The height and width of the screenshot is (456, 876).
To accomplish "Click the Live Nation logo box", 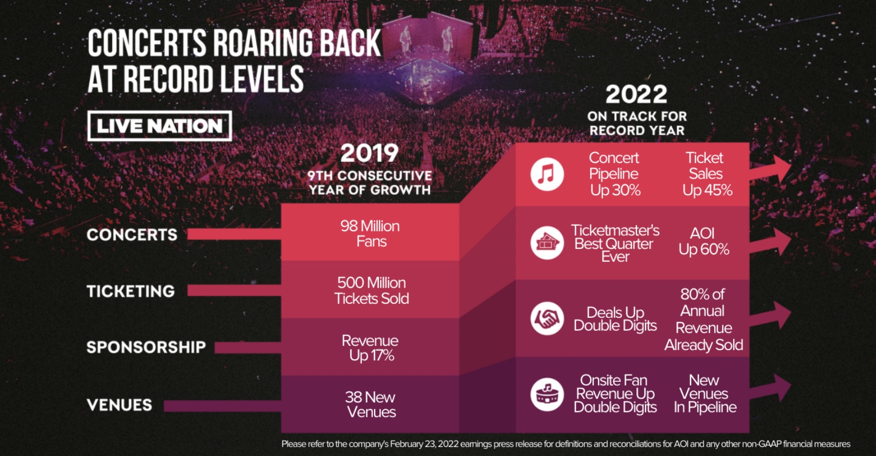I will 160,126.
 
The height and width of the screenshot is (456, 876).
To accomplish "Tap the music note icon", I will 547,174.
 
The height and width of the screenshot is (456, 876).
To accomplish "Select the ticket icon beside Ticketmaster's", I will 547,243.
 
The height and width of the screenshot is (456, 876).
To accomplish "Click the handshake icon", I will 547,318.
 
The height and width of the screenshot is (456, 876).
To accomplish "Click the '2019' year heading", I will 370,153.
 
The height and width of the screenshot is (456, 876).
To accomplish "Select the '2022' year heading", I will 636,95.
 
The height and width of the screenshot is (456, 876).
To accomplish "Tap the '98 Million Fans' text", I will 370,233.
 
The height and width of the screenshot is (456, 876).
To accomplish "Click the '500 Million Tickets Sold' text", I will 371,290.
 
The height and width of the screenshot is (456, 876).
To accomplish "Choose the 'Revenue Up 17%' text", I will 370,348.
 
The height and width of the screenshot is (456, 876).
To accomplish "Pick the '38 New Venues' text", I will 370,404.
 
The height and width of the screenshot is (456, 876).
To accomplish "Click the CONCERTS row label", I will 132,234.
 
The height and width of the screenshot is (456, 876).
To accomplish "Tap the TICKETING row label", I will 131,291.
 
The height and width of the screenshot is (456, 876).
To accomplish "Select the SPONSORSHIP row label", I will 146,347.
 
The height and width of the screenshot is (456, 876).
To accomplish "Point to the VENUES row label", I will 119,404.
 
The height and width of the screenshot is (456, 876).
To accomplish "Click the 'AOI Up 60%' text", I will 703,241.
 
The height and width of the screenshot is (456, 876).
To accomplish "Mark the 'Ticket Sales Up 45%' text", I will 707,174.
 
